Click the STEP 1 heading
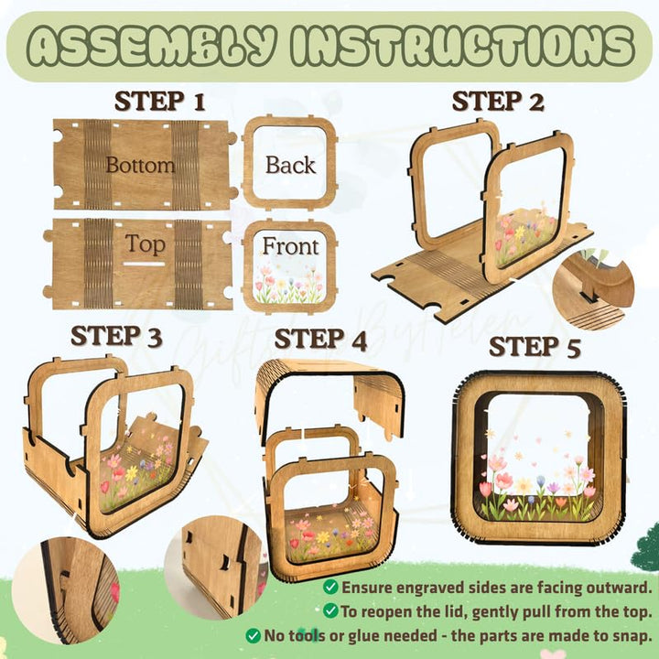point(159,102)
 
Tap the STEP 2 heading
point(498,102)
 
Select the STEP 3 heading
point(116,336)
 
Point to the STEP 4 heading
point(320,340)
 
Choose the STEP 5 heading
point(535,347)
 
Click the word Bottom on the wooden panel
point(140,165)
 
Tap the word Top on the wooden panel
point(145,243)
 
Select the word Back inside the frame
point(290,165)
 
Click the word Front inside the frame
point(290,246)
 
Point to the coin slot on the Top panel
point(144,264)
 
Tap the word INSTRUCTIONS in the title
point(462,47)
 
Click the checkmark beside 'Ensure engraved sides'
point(330,587)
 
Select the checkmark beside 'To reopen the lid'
point(330,610)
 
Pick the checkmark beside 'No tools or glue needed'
point(253,635)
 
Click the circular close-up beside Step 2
point(593,289)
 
